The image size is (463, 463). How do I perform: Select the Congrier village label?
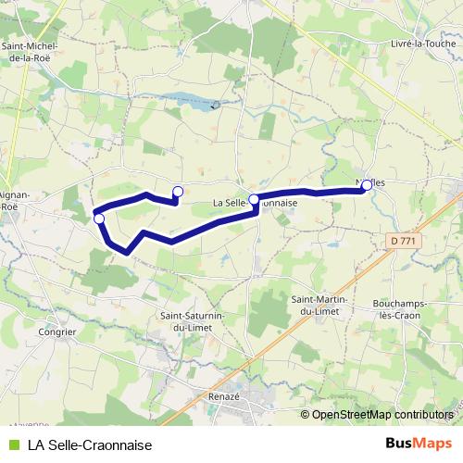point(57,330)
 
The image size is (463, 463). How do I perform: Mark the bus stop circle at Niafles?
point(366,185)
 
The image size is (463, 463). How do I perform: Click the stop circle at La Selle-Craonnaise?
point(254,198)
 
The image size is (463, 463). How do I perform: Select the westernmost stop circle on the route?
point(99,219)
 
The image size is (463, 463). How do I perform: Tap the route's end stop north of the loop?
point(178,192)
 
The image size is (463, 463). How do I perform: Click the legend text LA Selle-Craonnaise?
point(90,444)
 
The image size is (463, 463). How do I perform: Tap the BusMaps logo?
point(418,444)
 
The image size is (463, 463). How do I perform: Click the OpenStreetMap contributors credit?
point(382,415)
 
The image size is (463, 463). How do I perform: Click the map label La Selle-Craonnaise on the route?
point(255,203)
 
